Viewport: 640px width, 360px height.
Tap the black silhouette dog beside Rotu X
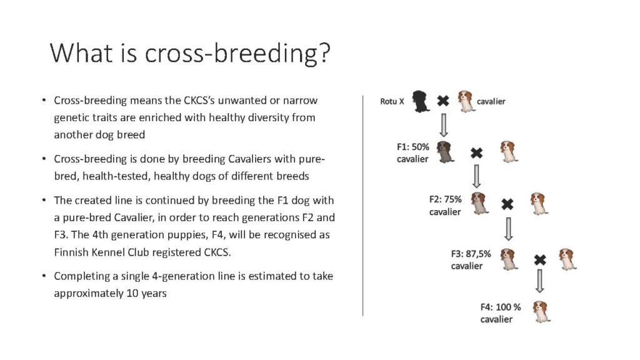pyautogui.click(x=421, y=101)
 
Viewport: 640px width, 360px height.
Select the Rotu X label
pyautogui.click(x=392, y=101)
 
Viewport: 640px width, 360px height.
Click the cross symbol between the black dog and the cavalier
pyautogui.click(x=443, y=101)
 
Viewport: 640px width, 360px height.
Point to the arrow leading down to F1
pyautogui.click(x=443, y=125)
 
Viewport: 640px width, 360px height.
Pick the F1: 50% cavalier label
pyautogui.click(x=412, y=152)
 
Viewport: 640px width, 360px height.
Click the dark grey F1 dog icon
pyautogui.click(x=445, y=152)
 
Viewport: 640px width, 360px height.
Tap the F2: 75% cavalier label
pyautogui.click(x=445, y=205)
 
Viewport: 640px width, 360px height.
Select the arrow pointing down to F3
pyautogui.click(x=508, y=229)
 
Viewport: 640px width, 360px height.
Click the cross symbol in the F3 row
pyautogui.click(x=540, y=259)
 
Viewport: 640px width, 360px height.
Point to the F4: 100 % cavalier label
pyautogui.click(x=501, y=313)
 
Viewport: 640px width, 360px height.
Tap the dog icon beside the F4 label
pyautogui.click(x=542, y=312)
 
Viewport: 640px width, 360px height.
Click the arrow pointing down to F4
pyautogui.click(x=539, y=281)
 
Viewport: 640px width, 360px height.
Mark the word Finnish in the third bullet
pyautogui.click(x=71, y=252)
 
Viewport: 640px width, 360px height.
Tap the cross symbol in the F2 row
pyautogui.click(x=507, y=204)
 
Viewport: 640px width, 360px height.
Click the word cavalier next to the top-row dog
pyautogui.click(x=491, y=101)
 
